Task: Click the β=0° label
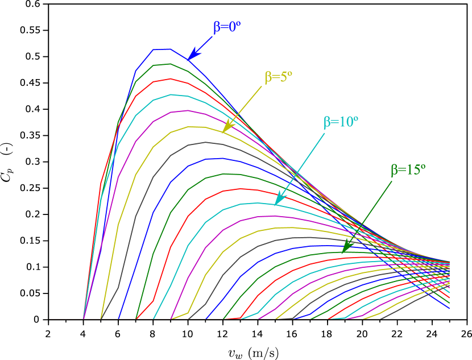227,27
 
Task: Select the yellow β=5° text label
278,77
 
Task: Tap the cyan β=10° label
341,122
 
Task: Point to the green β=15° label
408,169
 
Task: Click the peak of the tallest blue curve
162,49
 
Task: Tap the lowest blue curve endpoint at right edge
449,308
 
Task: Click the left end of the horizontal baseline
50,319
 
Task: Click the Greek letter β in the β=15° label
394,170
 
